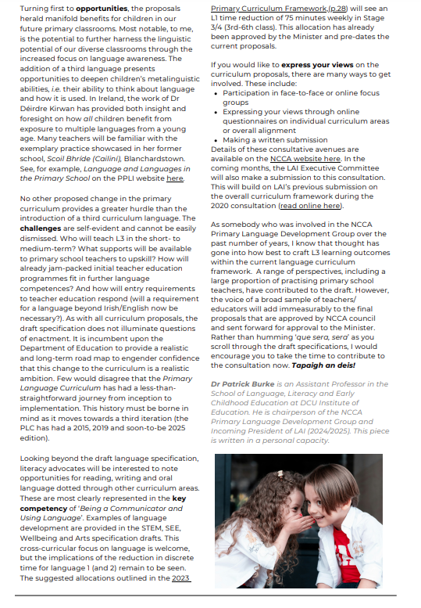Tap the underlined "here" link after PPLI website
175,178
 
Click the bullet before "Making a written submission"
216,140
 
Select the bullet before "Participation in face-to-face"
216,93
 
